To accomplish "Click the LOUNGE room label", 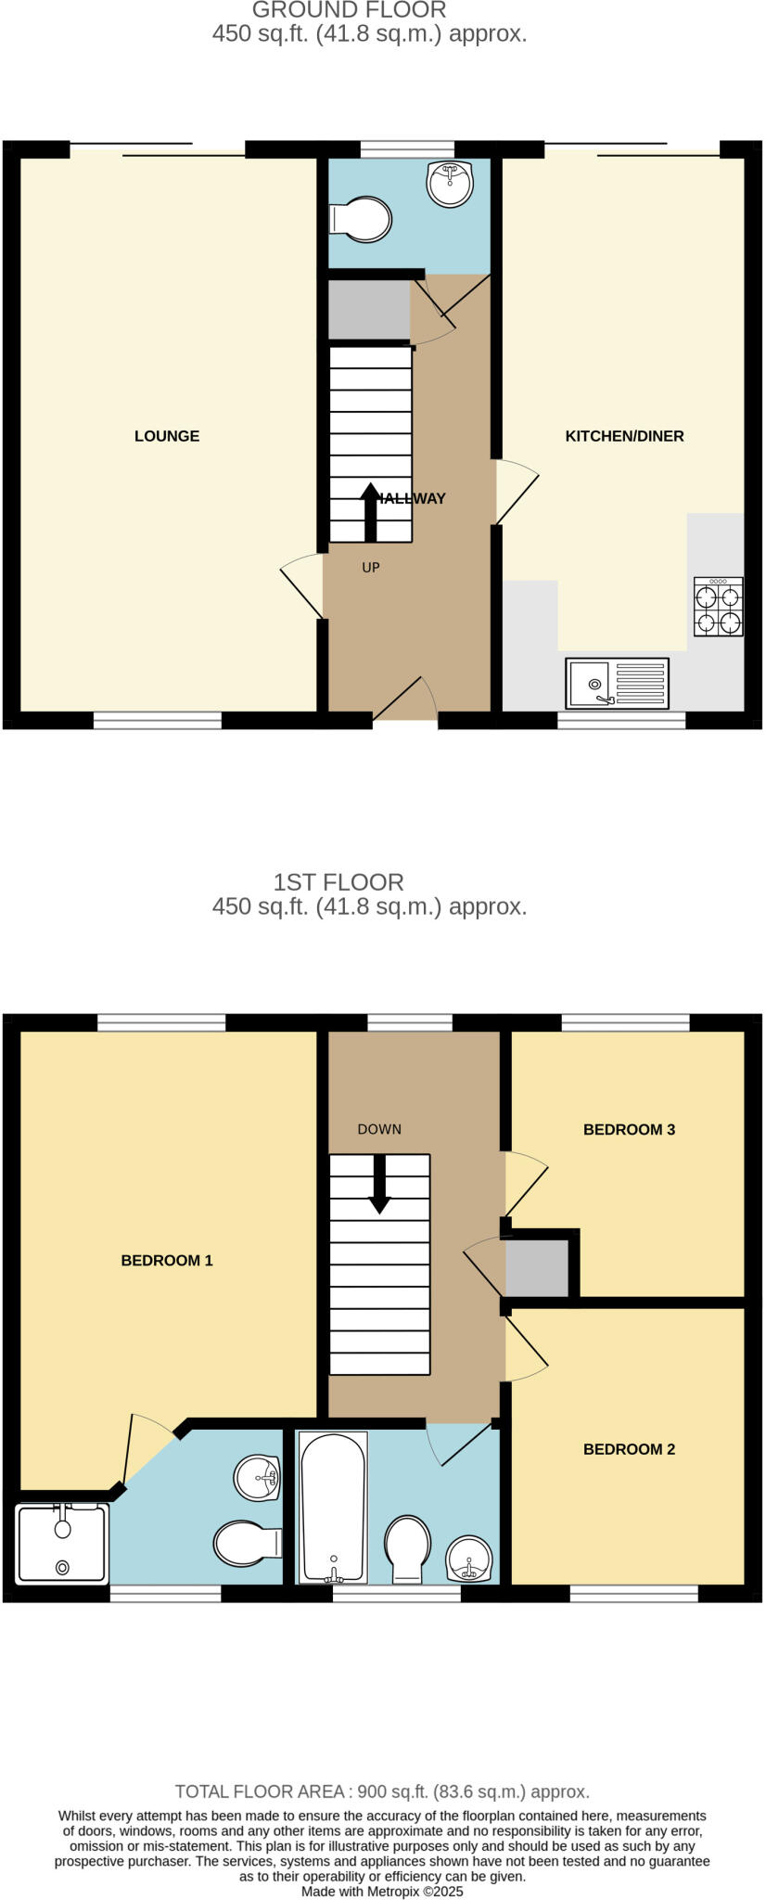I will click(167, 436).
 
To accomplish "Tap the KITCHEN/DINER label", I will click(624, 436).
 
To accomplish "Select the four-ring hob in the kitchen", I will click(719, 607).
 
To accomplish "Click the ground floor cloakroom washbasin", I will click(450, 182).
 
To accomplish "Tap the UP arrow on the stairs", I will click(370, 512).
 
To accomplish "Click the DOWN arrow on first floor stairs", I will click(379, 1184).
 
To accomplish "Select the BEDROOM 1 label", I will click(167, 1260).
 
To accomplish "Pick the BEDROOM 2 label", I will click(629, 1449).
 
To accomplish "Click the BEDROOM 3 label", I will click(629, 1129).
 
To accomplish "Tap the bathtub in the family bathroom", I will click(332, 1507).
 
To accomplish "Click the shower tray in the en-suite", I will click(62, 1544).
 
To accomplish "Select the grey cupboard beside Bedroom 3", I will click(537, 1267).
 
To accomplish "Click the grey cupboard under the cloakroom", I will click(369, 310).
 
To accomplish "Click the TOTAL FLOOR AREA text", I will click(382, 1791).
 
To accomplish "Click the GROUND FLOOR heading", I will click(349, 10).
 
